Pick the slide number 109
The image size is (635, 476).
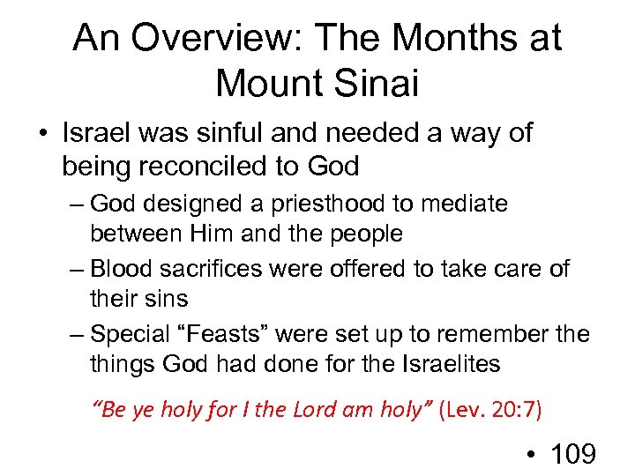[572, 454]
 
